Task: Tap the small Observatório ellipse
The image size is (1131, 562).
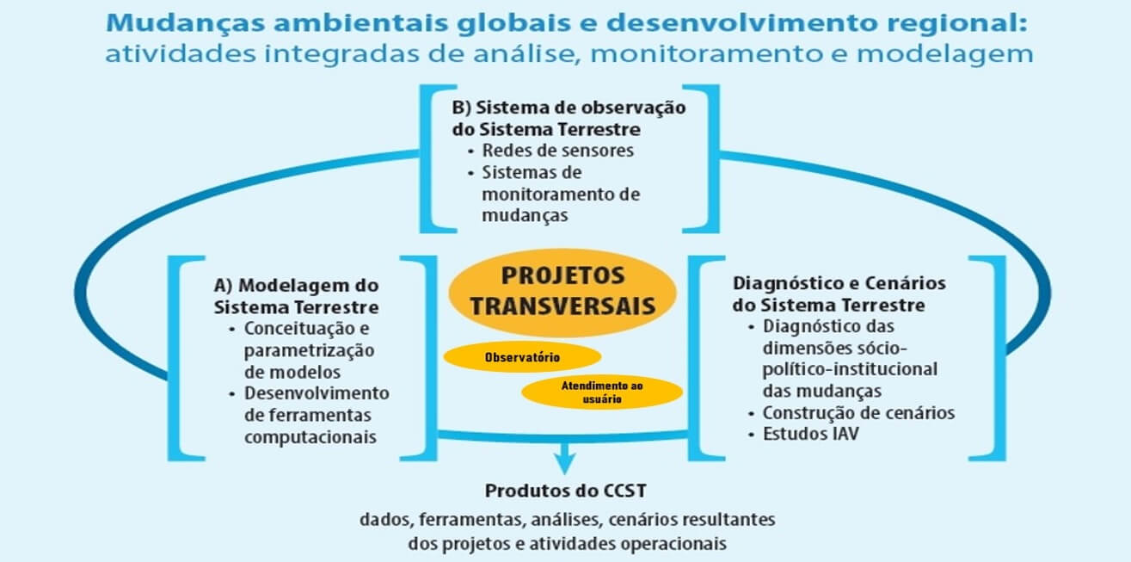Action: pyautogui.click(x=522, y=357)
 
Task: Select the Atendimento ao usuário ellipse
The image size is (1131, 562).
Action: pyautogui.click(x=602, y=392)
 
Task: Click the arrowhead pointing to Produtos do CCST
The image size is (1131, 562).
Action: pyautogui.click(x=564, y=462)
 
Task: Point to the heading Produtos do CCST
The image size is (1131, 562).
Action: pyautogui.click(x=566, y=491)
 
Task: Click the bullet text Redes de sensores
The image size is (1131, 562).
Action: pyautogui.click(x=558, y=151)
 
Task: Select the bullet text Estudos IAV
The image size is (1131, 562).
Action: pyautogui.click(x=810, y=434)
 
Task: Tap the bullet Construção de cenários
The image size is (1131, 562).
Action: pyautogui.click(x=858, y=413)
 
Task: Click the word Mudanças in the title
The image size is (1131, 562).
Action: pyautogui.click(x=185, y=23)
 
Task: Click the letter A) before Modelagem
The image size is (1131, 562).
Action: pyautogui.click(x=223, y=286)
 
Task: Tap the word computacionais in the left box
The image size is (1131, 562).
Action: pyautogui.click(x=310, y=437)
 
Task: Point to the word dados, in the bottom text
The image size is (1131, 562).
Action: pyautogui.click(x=386, y=520)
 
